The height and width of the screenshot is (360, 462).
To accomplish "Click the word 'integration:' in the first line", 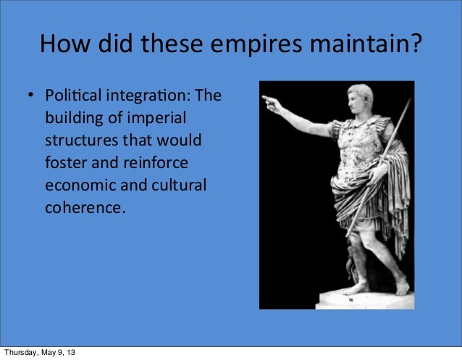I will click(145, 96).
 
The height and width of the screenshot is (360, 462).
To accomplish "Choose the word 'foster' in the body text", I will click(65, 162).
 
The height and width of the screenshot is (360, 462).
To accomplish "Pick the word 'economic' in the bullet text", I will click(77, 185).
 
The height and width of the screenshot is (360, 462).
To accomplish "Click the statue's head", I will click(360, 102).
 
